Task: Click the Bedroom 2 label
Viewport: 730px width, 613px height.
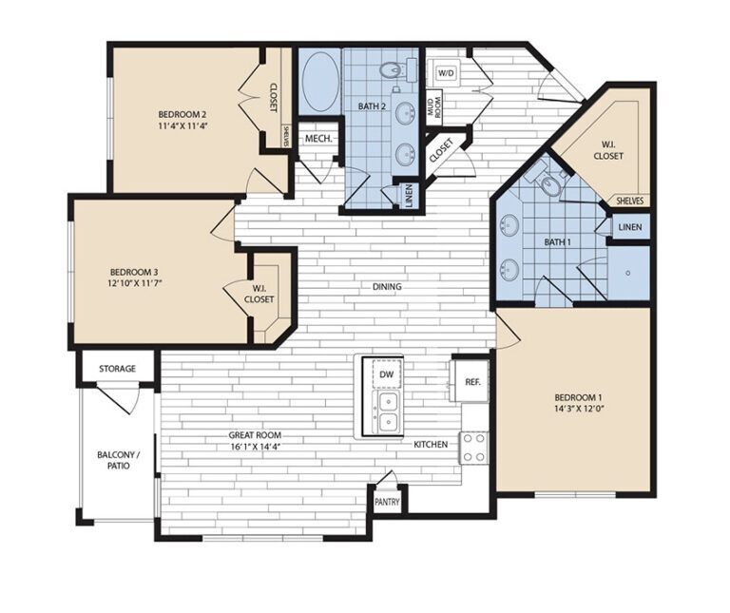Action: pyautogui.click(x=183, y=114)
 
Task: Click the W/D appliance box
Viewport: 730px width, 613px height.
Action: pyautogui.click(x=447, y=72)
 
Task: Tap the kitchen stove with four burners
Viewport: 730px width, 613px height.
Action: pyautogui.click(x=473, y=448)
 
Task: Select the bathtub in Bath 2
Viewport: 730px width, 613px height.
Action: pyautogui.click(x=319, y=82)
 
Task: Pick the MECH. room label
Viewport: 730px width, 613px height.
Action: pyautogui.click(x=317, y=139)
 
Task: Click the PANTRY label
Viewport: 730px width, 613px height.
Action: pyautogui.click(x=387, y=503)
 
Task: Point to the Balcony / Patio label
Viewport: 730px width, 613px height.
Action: pyautogui.click(x=118, y=461)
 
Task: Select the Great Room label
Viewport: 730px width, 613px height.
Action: pyautogui.click(x=255, y=441)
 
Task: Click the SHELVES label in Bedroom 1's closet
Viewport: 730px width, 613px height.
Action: pyautogui.click(x=630, y=201)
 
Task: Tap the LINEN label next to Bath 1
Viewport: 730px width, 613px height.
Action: pyautogui.click(x=629, y=228)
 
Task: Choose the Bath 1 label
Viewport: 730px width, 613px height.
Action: pyautogui.click(x=558, y=241)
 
